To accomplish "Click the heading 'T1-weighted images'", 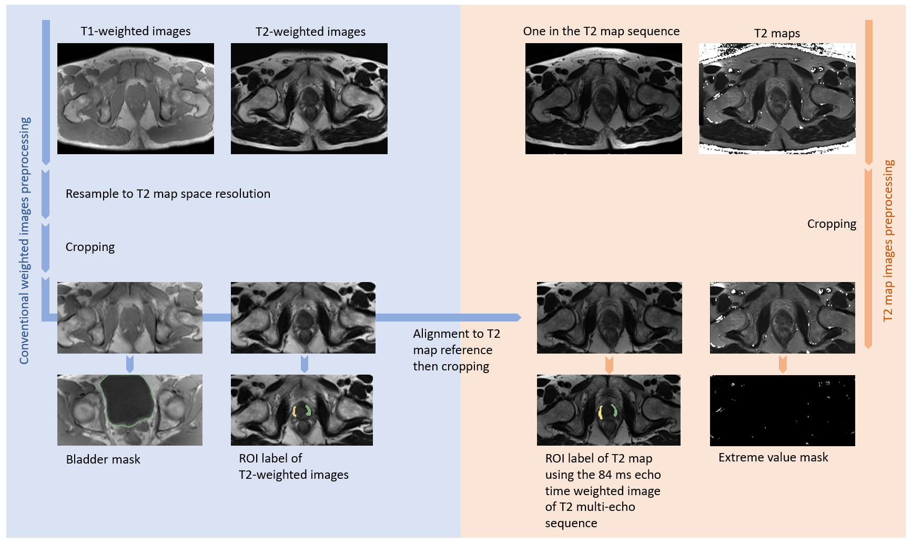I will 135,32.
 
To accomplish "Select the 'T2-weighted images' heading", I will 310,32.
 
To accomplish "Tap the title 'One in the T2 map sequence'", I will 601,32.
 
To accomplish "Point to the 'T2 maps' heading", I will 777,34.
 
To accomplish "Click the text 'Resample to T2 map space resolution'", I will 168,194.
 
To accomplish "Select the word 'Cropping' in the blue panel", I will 90,247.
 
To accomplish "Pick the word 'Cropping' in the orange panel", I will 832,224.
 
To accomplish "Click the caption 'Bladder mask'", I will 103,459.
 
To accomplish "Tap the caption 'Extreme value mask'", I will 773,458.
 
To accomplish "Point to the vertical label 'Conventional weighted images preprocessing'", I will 25,240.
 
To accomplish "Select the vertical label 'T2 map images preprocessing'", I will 888,240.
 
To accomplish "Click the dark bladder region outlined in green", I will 128,400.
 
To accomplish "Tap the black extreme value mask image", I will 782,410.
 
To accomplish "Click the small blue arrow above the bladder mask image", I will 130,364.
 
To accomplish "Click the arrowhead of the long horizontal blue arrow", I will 518,317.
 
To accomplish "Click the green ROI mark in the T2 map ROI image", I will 614,410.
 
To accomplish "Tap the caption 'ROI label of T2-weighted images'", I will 293,467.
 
